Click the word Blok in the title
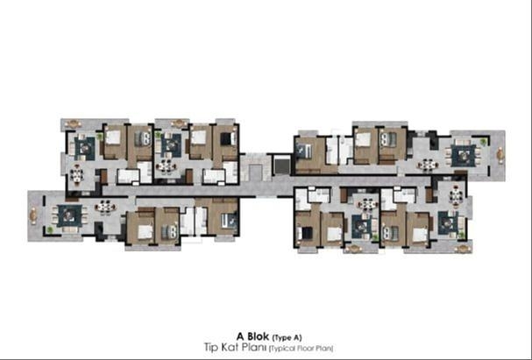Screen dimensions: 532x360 [x=259, y=336]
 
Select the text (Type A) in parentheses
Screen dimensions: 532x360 [x=287, y=337]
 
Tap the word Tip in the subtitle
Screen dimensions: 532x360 [x=209, y=348]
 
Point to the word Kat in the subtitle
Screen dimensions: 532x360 [x=226, y=348]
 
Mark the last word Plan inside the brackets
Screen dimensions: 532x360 [x=324, y=348]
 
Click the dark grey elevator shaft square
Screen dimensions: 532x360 [x=282, y=166]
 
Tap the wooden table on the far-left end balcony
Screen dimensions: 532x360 [x=33, y=215]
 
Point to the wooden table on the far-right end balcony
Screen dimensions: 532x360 [x=500, y=155]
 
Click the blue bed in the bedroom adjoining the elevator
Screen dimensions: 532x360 [x=303, y=152]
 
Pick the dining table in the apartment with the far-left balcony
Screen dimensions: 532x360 [x=105, y=207]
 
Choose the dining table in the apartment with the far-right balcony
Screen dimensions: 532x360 [x=428, y=165]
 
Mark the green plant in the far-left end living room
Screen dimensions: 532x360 [x=50, y=229]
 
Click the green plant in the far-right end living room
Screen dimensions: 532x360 [x=483, y=141]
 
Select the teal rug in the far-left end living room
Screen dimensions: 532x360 [x=69, y=215]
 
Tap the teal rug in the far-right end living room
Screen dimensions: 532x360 [x=464, y=155]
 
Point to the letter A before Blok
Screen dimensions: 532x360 [x=240, y=336]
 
